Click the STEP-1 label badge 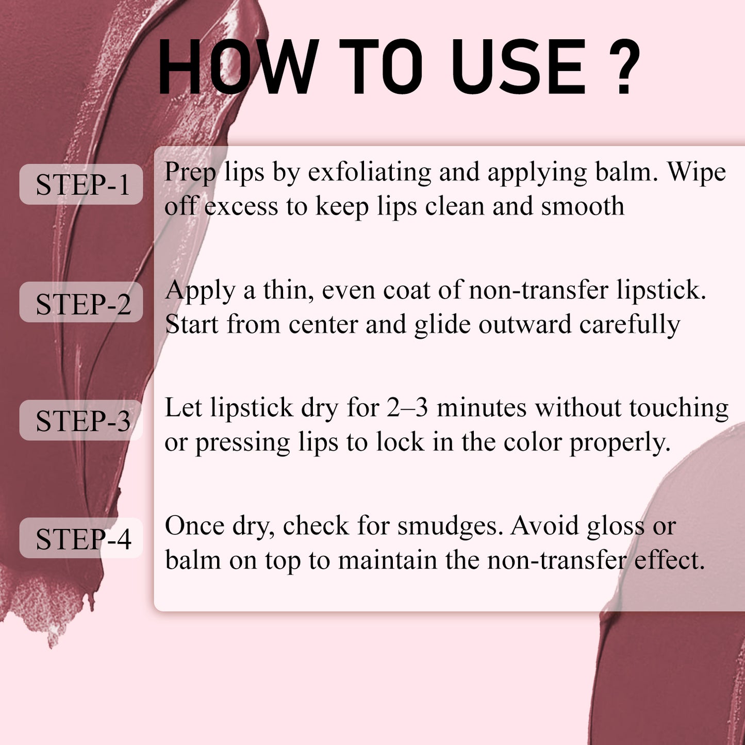tap(81, 184)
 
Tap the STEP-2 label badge tap(81, 302)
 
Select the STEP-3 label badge tap(81, 420)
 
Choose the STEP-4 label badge tap(81, 538)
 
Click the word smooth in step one tap(583, 206)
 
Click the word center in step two tap(323, 324)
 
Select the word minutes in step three tap(482, 408)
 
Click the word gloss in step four tap(616, 527)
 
